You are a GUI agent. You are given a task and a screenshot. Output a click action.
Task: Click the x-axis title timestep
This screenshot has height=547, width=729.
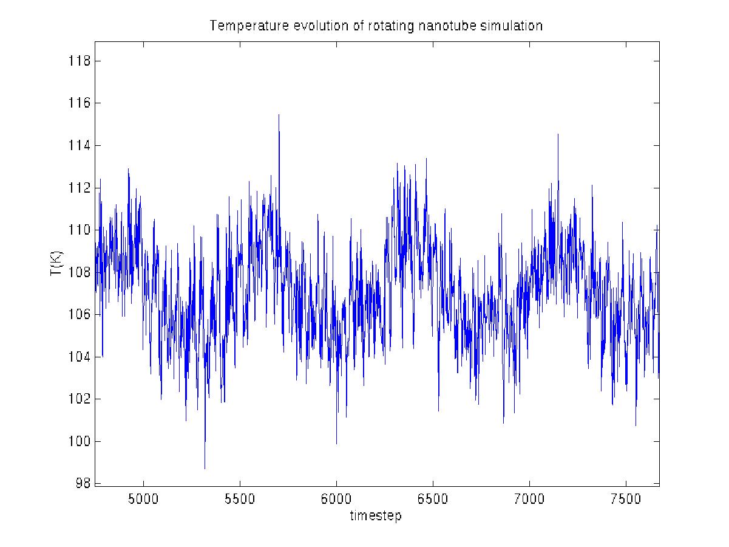click(x=375, y=516)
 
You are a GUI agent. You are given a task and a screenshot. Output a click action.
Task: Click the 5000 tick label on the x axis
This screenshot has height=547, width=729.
click(x=143, y=499)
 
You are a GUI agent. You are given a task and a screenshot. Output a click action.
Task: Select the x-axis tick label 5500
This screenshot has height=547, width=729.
click(x=240, y=499)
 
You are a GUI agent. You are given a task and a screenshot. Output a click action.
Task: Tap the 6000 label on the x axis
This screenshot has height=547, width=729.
click(x=336, y=499)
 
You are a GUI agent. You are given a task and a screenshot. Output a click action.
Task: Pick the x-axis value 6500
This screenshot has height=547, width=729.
click(x=433, y=499)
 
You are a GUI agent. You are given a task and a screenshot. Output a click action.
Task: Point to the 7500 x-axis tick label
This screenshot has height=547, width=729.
click(x=626, y=499)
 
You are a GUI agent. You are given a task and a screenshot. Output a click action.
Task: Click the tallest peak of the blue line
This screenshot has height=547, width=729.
click(x=279, y=115)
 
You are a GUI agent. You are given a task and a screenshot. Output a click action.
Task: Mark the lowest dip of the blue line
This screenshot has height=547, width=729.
click(x=205, y=468)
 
